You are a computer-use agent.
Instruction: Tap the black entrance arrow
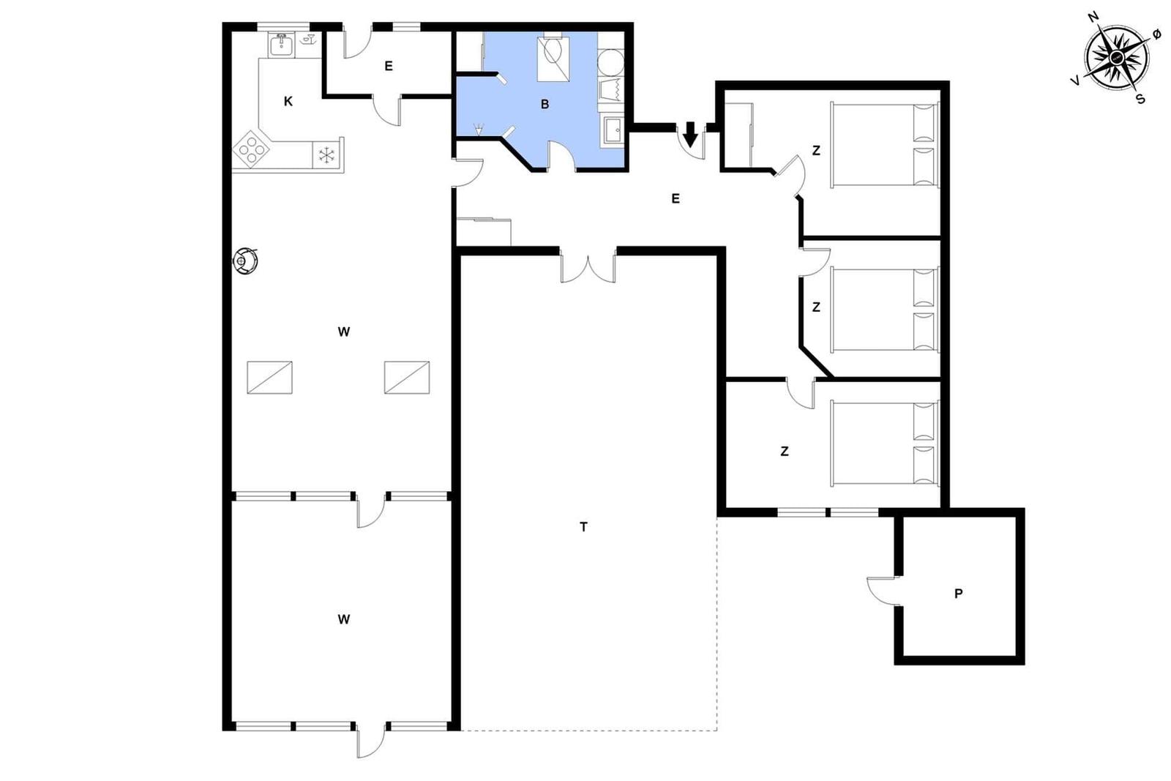[x=691, y=135]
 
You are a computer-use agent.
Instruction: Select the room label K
[x=288, y=102]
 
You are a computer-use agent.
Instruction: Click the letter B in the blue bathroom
[x=545, y=105]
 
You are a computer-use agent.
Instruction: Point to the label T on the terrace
[x=583, y=527]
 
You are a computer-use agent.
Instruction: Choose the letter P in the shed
[x=958, y=594]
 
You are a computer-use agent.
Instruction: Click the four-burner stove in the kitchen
[x=252, y=149]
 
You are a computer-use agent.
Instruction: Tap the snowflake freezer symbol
[x=326, y=155]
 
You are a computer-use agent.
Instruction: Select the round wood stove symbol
[x=245, y=261]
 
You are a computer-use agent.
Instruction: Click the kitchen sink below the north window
[x=281, y=45]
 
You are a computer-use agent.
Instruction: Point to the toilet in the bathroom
[x=553, y=52]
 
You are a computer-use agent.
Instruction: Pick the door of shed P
[x=883, y=591]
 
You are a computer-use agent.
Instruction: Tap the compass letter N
[x=1093, y=18]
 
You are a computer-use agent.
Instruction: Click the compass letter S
[x=1141, y=99]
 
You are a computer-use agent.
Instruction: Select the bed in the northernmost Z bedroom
[x=885, y=145]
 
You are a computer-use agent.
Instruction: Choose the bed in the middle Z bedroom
[x=885, y=310]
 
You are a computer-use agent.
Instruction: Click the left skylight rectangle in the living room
[x=270, y=378]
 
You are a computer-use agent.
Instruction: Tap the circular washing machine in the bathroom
[x=611, y=63]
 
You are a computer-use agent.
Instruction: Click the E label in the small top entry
[x=389, y=66]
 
